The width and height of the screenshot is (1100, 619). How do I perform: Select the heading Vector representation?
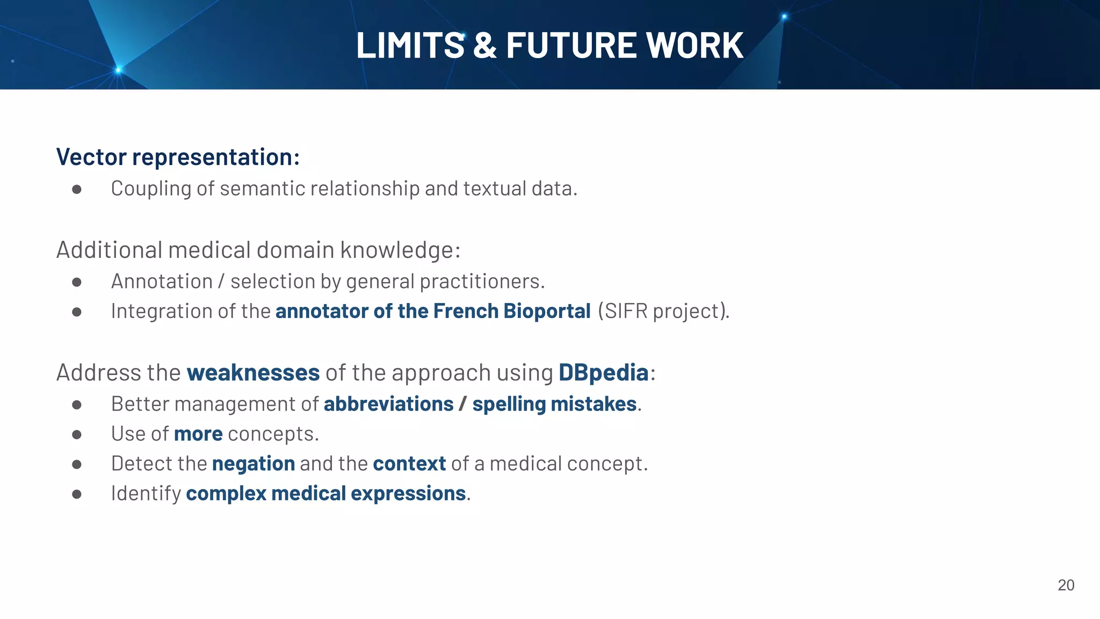click(178, 157)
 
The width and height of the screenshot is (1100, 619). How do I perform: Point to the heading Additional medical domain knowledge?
click(258, 250)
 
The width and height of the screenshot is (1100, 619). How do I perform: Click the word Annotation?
click(162, 281)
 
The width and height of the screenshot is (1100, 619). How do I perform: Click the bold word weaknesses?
click(253, 372)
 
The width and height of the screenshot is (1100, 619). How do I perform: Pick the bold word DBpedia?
click(603, 372)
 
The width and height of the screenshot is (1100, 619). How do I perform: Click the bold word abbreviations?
click(388, 404)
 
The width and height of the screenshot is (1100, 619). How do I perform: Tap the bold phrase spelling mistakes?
click(554, 404)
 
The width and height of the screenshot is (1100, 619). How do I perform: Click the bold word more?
click(198, 434)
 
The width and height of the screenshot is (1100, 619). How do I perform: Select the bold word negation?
click(254, 464)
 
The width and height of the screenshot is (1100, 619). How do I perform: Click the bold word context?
click(409, 464)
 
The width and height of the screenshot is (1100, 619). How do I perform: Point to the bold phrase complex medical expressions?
click(325, 493)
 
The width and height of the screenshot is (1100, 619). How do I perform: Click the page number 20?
click(1066, 585)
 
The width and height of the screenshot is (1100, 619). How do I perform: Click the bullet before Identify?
click(77, 494)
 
